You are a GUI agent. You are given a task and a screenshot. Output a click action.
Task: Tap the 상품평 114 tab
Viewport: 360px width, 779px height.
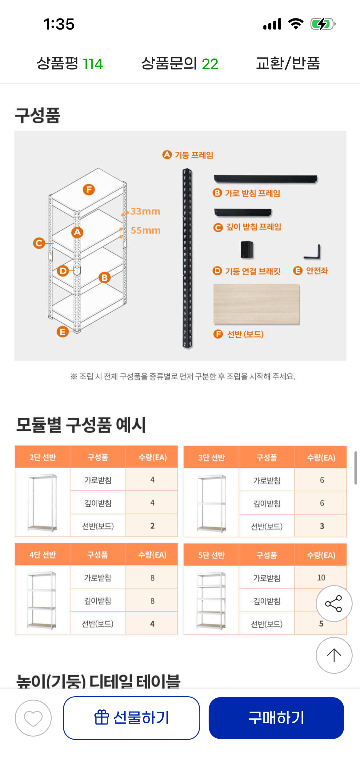tap(70, 63)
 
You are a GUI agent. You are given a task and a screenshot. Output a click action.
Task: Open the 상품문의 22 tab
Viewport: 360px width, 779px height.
tap(180, 63)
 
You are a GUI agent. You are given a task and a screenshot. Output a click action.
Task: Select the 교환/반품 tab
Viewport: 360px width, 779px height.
tap(288, 63)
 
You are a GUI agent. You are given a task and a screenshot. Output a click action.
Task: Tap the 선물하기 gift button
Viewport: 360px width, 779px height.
tap(132, 718)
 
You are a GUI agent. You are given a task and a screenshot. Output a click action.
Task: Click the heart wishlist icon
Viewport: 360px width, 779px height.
tap(33, 718)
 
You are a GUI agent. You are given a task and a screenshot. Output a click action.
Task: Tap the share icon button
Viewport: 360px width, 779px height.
tap(334, 604)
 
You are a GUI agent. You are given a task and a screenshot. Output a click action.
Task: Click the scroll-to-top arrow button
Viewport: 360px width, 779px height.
tap(334, 655)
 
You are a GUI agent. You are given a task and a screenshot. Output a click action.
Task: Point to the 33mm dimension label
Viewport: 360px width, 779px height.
tap(145, 211)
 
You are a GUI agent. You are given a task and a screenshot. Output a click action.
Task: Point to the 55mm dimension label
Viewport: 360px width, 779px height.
tap(146, 230)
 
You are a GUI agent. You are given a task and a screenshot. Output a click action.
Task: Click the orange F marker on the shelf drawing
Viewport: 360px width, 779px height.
tap(89, 190)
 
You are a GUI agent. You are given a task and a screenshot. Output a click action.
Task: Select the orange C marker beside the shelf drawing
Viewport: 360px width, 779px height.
tap(39, 243)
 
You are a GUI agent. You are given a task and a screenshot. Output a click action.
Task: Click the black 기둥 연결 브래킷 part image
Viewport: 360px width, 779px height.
tap(247, 250)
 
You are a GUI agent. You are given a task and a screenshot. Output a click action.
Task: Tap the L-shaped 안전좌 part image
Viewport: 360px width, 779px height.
tap(313, 252)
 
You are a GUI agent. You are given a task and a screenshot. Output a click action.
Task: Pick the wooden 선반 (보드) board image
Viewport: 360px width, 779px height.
tap(256, 304)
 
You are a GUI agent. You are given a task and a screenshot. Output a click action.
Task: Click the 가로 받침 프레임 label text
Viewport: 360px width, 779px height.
tap(252, 193)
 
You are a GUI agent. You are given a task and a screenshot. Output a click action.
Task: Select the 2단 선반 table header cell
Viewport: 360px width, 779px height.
tap(42, 457)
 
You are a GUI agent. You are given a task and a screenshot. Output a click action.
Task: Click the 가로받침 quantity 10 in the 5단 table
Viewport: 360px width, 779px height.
tap(321, 578)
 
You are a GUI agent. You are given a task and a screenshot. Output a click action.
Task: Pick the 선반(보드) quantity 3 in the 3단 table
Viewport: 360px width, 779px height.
tap(322, 526)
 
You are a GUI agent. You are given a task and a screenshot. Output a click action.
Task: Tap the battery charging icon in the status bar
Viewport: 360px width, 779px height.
tap(323, 24)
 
